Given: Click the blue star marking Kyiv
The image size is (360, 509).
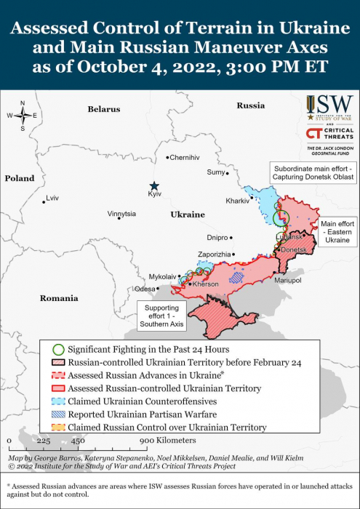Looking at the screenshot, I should pos(153,186).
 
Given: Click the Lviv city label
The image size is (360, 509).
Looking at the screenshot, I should pos(52,198).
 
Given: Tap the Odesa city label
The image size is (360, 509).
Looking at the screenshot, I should pos(145,289).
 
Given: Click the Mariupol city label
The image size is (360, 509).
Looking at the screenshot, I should pos(288,280).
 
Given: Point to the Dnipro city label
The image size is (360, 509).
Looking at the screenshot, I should pos(217,237).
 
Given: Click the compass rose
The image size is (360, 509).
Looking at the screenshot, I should pos(23,116).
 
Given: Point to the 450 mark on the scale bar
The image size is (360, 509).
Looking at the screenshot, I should pos(78,441).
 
